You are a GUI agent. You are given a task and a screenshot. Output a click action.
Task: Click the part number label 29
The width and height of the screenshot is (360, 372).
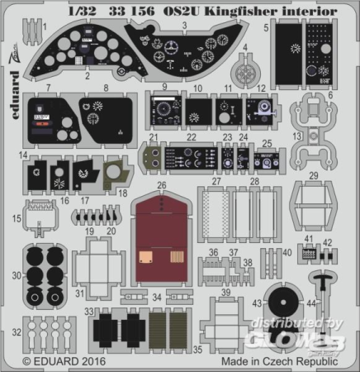tap(314, 174)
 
